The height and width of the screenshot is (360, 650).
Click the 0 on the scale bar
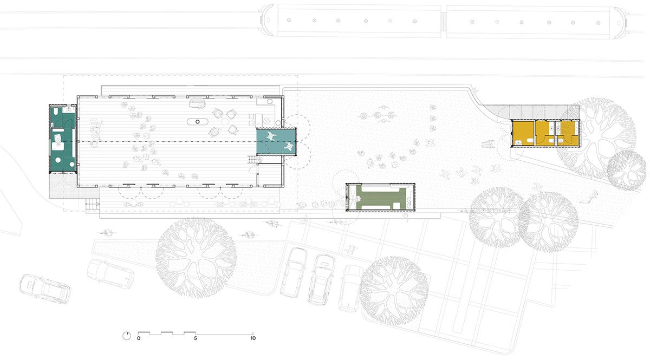point(139,338)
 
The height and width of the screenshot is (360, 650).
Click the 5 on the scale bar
point(196,338)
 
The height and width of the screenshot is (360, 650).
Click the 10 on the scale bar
point(252,338)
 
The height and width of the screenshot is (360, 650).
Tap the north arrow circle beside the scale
point(127,335)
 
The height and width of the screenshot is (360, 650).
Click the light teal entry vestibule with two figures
point(277,141)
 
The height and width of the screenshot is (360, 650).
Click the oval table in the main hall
point(197,121)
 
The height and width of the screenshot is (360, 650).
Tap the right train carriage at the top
point(534,22)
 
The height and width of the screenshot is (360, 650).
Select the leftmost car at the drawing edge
point(44,289)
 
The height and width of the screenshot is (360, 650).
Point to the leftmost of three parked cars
point(294,271)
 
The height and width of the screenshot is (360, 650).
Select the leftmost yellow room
point(522,134)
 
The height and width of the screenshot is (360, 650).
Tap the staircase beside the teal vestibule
point(250,160)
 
